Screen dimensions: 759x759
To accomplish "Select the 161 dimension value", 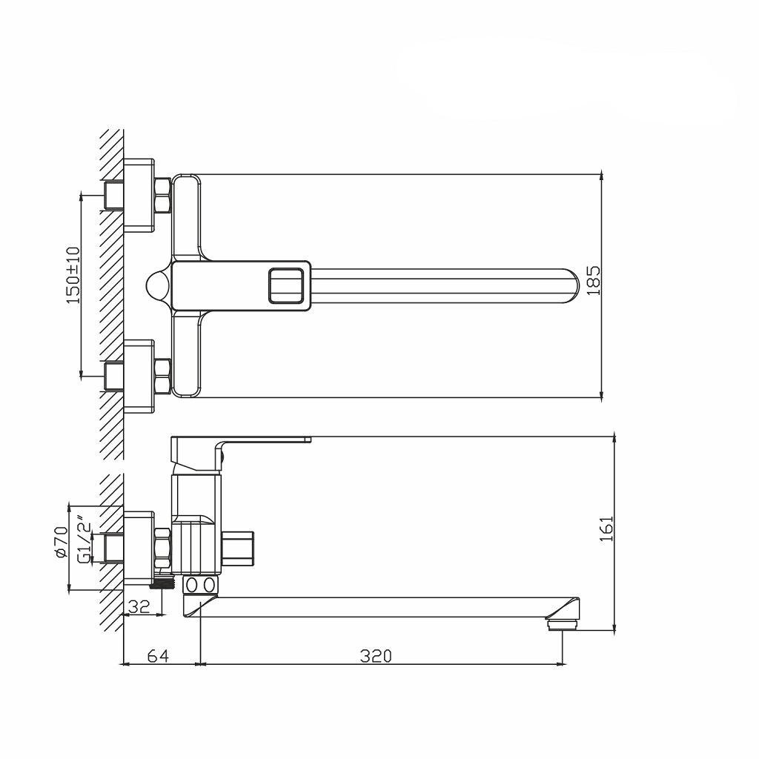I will click(x=607, y=529).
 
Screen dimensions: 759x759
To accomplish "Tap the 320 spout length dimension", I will click(x=376, y=655).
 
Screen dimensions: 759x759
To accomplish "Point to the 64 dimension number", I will click(x=158, y=655).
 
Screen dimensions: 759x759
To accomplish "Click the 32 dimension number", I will click(x=139, y=606).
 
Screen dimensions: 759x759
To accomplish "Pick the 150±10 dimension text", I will click(x=73, y=275).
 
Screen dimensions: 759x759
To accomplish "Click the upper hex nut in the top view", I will click(x=163, y=195).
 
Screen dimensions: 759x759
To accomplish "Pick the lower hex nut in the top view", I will click(x=163, y=376).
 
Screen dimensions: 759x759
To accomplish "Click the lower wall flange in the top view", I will click(x=139, y=376).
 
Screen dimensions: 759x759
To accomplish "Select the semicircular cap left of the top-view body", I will click(x=158, y=285).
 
